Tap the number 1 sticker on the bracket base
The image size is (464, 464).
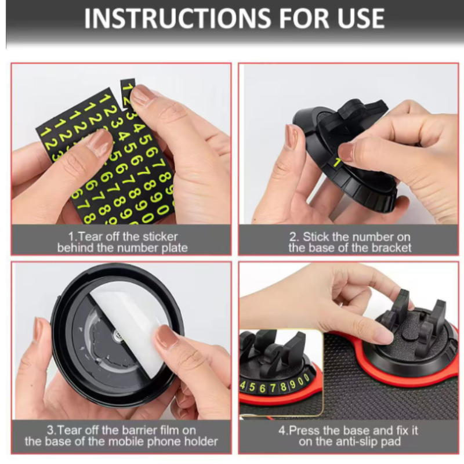[337, 162]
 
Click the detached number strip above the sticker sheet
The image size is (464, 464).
[128, 93]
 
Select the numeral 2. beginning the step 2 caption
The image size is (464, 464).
[294, 237]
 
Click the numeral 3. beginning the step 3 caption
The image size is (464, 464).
[51, 430]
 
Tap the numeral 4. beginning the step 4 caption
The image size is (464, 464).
[283, 430]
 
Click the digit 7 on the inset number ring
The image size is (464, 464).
[273, 387]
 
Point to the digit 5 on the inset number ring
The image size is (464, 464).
[252, 387]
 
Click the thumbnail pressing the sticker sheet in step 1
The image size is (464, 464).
[100, 140]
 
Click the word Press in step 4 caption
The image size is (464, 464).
[305, 430]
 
